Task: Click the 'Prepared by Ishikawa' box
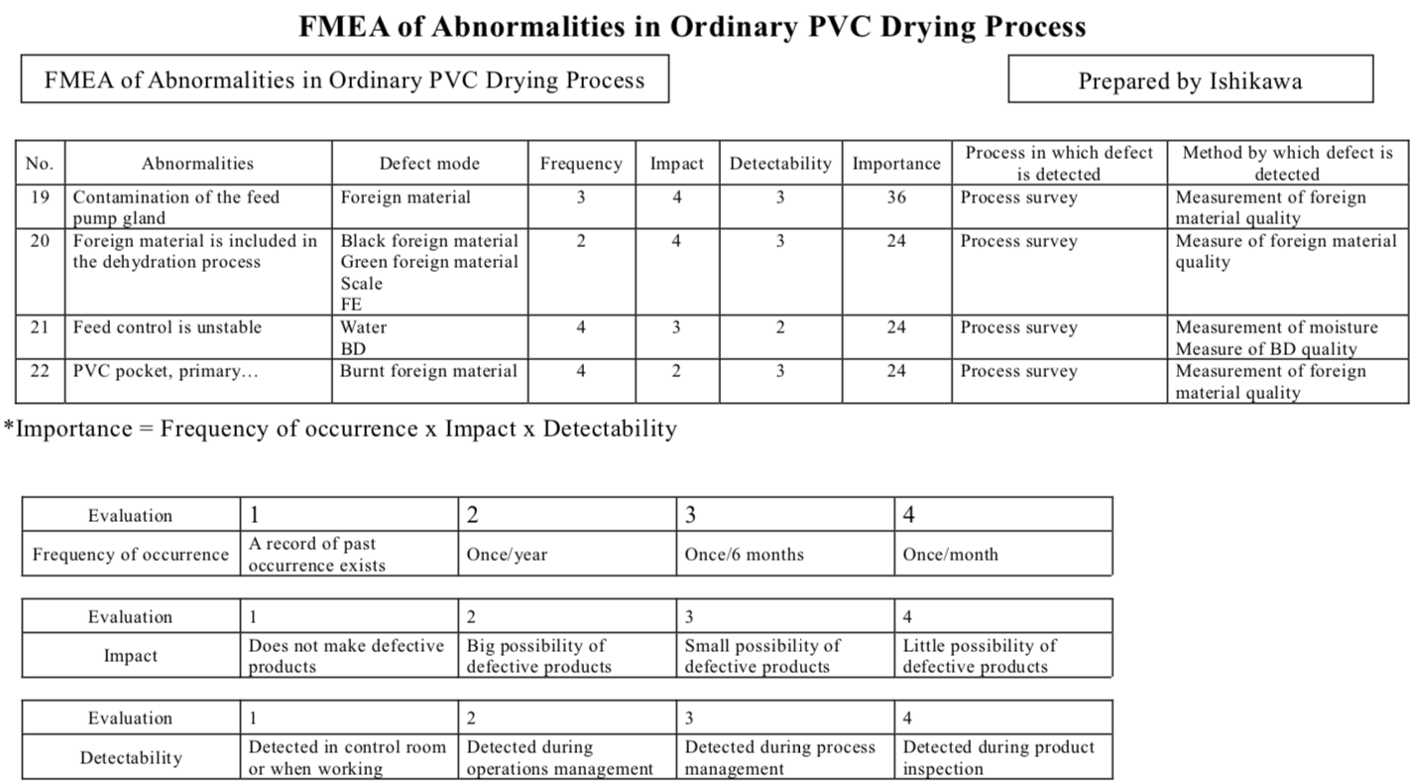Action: point(1190,80)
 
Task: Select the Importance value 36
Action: point(895,197)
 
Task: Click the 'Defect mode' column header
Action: point(429,164)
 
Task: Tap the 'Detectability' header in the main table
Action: point(780,164)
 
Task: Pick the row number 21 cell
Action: point(40,327)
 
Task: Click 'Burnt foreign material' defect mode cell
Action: point(428,371)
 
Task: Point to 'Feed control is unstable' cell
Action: point(167,327)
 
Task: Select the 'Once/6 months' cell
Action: point(744,555)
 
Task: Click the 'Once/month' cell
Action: point(950,555)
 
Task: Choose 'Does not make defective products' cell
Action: point(346,656)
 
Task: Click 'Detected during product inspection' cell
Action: point(999,757)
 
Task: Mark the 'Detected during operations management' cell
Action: point(560,757)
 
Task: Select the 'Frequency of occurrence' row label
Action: point(130,555)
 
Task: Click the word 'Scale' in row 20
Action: point(361,284)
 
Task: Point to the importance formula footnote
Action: point(340,429)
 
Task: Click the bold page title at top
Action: point(692,26)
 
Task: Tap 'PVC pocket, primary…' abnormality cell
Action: point(158,371)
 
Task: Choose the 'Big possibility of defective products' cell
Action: point(538,656)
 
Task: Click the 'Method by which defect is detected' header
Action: point(1287,163)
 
